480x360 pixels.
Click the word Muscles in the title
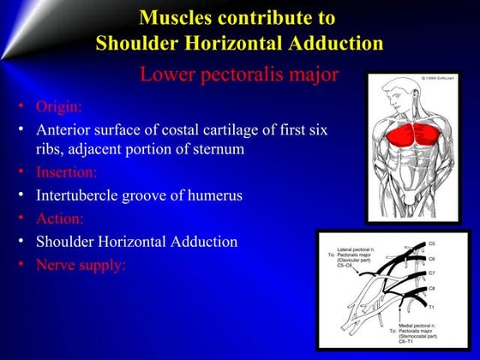(176, 17)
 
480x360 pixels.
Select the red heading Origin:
(59, 108)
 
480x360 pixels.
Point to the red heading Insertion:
(67, 171)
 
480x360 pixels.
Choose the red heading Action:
(59, 218)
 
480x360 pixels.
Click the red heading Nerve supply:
(81, 265)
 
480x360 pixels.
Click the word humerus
(214, 195)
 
